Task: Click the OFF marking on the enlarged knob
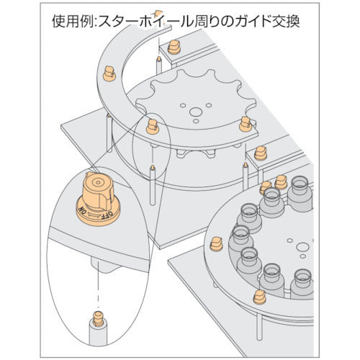click(x=108, y=215)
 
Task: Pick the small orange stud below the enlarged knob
click(x=98, y=318)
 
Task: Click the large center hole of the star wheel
click(x=196, y=112)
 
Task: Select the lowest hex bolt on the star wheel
click(x=196, y=121)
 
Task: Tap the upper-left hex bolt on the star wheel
click(x=183, y=105)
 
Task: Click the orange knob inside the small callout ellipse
click(x=153, y=127)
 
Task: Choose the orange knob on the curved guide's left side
click(x=109, y=73)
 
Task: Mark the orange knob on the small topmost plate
click(x=174, y=48)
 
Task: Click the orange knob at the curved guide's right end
click(x=246, y=124)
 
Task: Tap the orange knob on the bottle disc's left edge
click(x=217, y=244)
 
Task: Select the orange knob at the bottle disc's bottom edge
click(x=259, y=297)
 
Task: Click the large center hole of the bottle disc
click(x=302, y=247)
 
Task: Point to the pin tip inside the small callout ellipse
click(x=152, y=166)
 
